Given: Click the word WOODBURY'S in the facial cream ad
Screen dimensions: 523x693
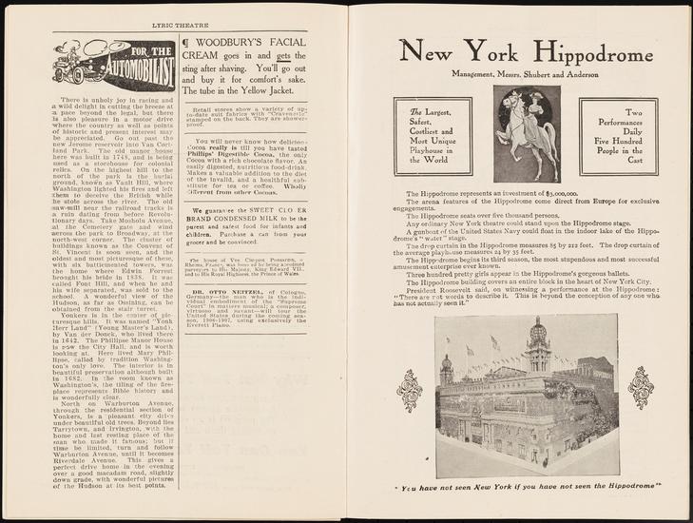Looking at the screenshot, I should (x=234, y=45).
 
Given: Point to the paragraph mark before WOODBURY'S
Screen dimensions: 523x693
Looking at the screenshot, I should (x=186, y=45).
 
